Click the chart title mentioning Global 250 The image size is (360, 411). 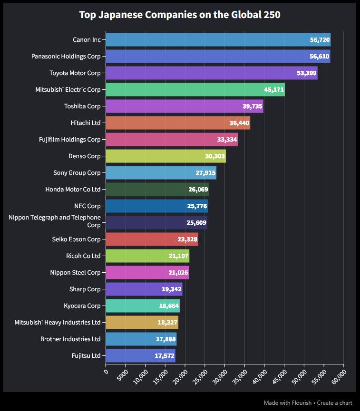(180, 15)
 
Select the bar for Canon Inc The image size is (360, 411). (218, 40)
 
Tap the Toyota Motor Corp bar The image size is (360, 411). (211, 73)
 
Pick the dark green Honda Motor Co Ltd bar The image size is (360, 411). (157, 190)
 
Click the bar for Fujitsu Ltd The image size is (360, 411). (140, 355)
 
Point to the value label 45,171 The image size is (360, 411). (274, 90)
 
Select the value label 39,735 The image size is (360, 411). (252, 106)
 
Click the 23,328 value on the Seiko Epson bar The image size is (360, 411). (187, 239)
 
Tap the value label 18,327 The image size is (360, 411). (167, 323)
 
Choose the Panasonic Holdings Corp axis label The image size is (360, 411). (66, 57)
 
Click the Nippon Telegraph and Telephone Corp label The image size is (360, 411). (55, 221)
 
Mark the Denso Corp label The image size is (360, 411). (85, 156)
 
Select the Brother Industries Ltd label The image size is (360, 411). (70, 339)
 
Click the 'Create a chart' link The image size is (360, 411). (335, 403)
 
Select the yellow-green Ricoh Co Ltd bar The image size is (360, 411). (147, 256)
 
